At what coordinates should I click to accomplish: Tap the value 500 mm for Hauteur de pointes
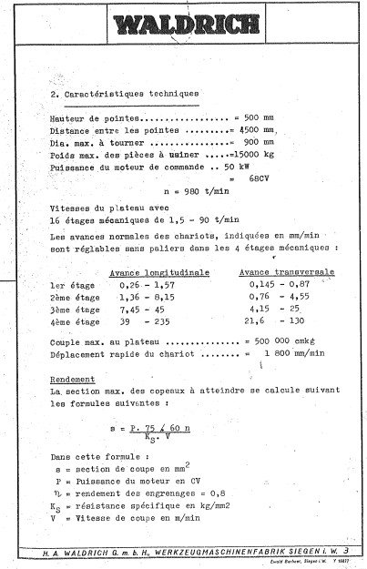tap(250, 118)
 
